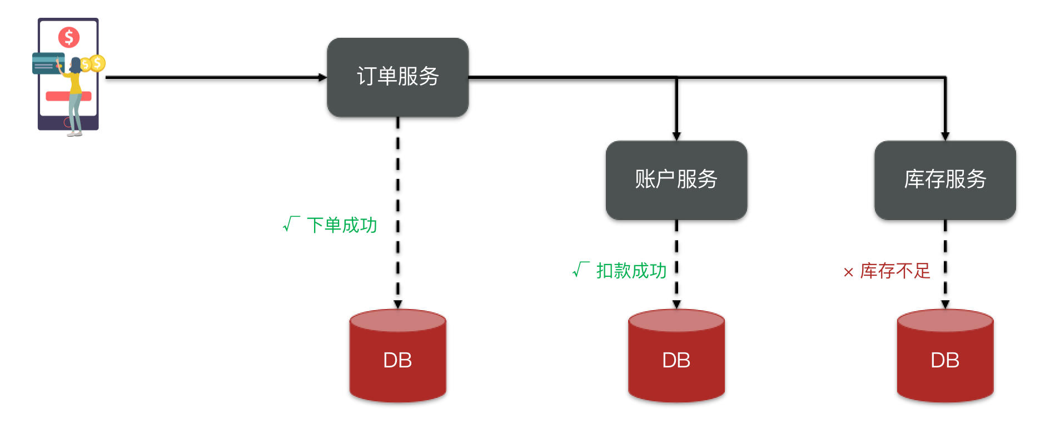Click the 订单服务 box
coord(397,77)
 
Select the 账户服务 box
coord(676,180)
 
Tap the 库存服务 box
coord(945,180)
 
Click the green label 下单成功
coord(342,225)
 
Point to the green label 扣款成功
coord(631,271)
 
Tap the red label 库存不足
coord(895,271)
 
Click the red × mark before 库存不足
coord(848,272)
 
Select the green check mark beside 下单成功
coord(291,224)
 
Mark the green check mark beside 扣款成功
coord(581,270)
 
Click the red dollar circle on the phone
coord(69,37)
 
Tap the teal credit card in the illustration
coord(47,63)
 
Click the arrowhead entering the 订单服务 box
coord(322,77)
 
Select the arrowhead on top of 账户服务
coord(676,136)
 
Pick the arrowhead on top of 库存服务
coord(945,136)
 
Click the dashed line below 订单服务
coord(397,211)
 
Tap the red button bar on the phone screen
coord(56,96)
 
